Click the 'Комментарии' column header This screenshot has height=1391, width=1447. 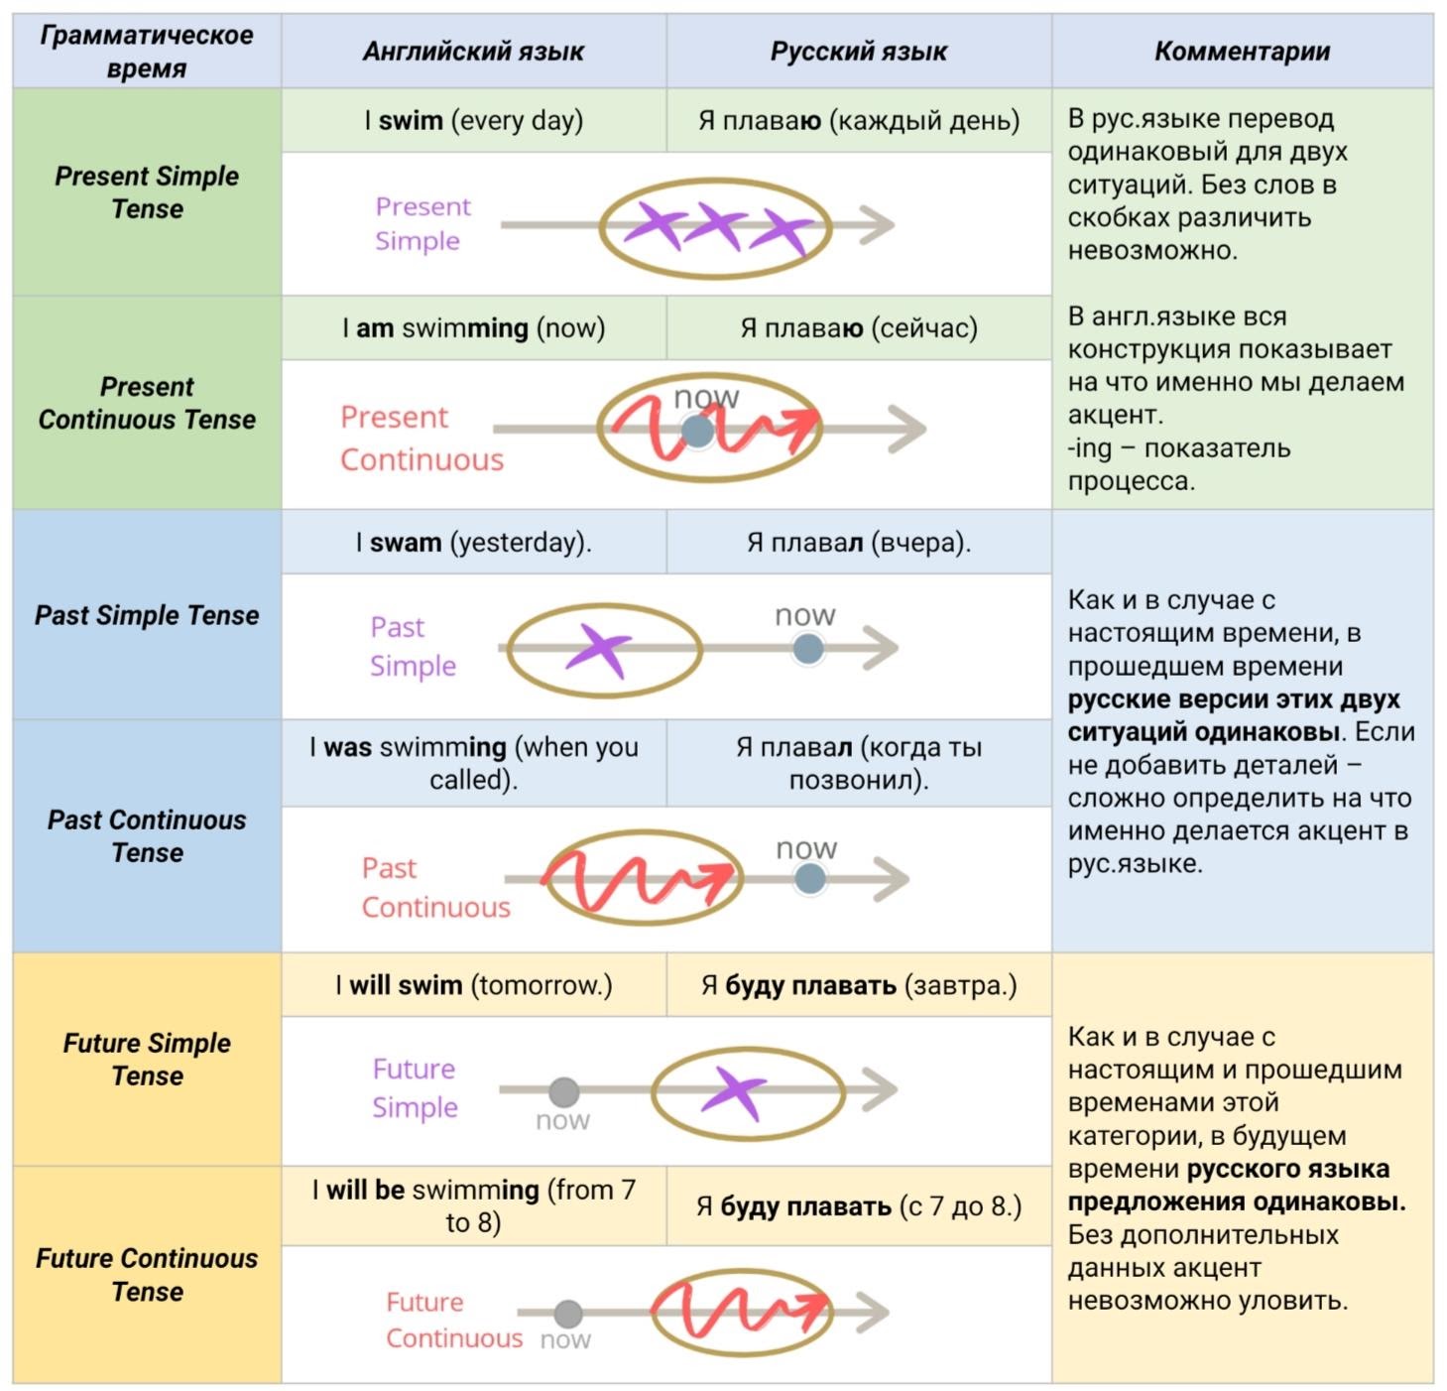[x=1242, y=52]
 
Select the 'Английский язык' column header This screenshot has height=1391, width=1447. [x=473, y=52]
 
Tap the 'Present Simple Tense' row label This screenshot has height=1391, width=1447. [x=147, y=192]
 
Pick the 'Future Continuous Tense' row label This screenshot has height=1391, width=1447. [x=147, y=1275]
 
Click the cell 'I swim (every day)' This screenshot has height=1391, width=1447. [x=473, y=121]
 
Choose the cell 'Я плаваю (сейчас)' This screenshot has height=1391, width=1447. [x=859, y=328]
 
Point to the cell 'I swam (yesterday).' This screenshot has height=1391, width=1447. [x=473, y=543]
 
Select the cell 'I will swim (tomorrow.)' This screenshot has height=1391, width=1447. [x=473, y=985]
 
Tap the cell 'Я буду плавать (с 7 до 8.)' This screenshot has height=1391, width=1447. [x=859, y=1206]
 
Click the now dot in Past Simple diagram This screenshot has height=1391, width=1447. [x=808, y=649]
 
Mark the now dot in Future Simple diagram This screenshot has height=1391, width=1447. [x=563, y=1091]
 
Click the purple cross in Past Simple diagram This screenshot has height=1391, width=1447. [x=599, y=650]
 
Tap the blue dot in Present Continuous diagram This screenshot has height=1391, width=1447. [x=697, y=431]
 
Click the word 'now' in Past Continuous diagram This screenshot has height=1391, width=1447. [x=806, y=849]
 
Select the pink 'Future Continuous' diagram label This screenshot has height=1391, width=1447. [x=453, y=1321]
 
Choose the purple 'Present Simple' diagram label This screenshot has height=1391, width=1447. [x=422, y=223]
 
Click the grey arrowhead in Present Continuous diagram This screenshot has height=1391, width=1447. [x=908, y=429]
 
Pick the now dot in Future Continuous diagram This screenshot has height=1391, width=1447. [x=568, y=1314]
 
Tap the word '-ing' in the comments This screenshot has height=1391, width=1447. [x=1090, y=448]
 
